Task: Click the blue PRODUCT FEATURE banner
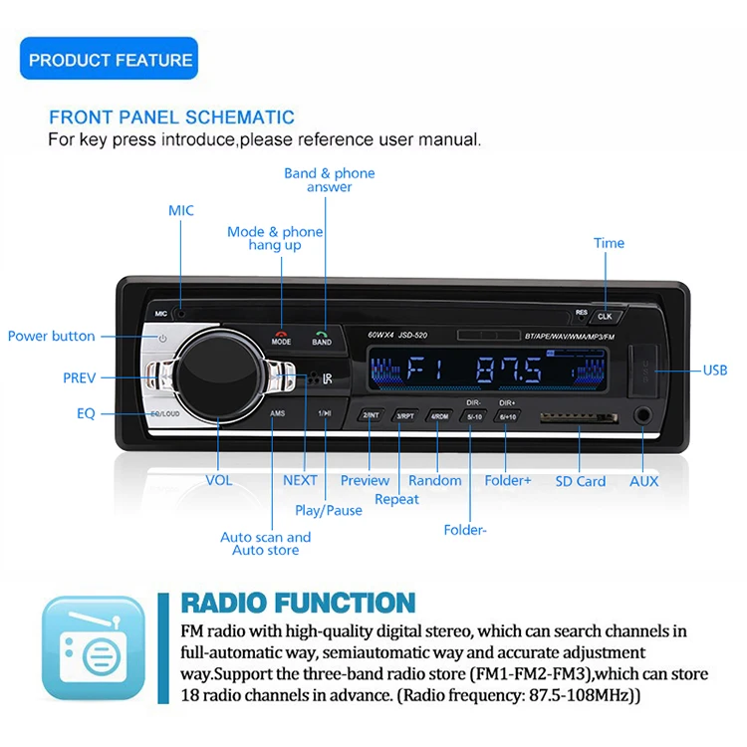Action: point(110,60)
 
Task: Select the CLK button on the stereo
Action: point(605,316)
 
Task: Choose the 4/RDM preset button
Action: point(439,415)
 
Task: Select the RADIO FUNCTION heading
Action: point(298,603)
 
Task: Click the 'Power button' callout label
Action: point(52,336)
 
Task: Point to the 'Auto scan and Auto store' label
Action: point(265,544)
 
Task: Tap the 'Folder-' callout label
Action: point(465,530)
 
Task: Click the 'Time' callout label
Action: point(609,243)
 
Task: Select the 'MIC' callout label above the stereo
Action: point(181,210)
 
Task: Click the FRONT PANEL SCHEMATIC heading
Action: point(171,117)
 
